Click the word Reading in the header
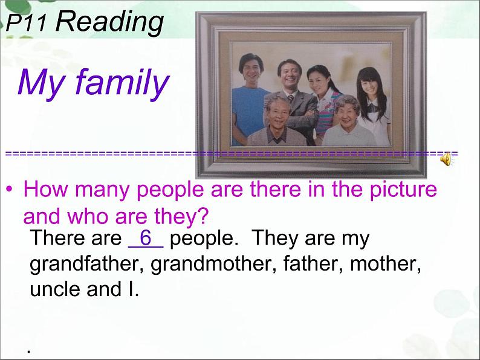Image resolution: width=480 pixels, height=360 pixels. tap(112, 22)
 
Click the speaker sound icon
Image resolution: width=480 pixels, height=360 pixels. tap(447, 159)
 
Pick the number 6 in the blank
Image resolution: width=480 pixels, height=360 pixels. tap(146, 238)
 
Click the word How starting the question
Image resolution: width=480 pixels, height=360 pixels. tap(45, 190)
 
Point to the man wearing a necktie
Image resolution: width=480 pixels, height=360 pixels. tap(291, 91)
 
